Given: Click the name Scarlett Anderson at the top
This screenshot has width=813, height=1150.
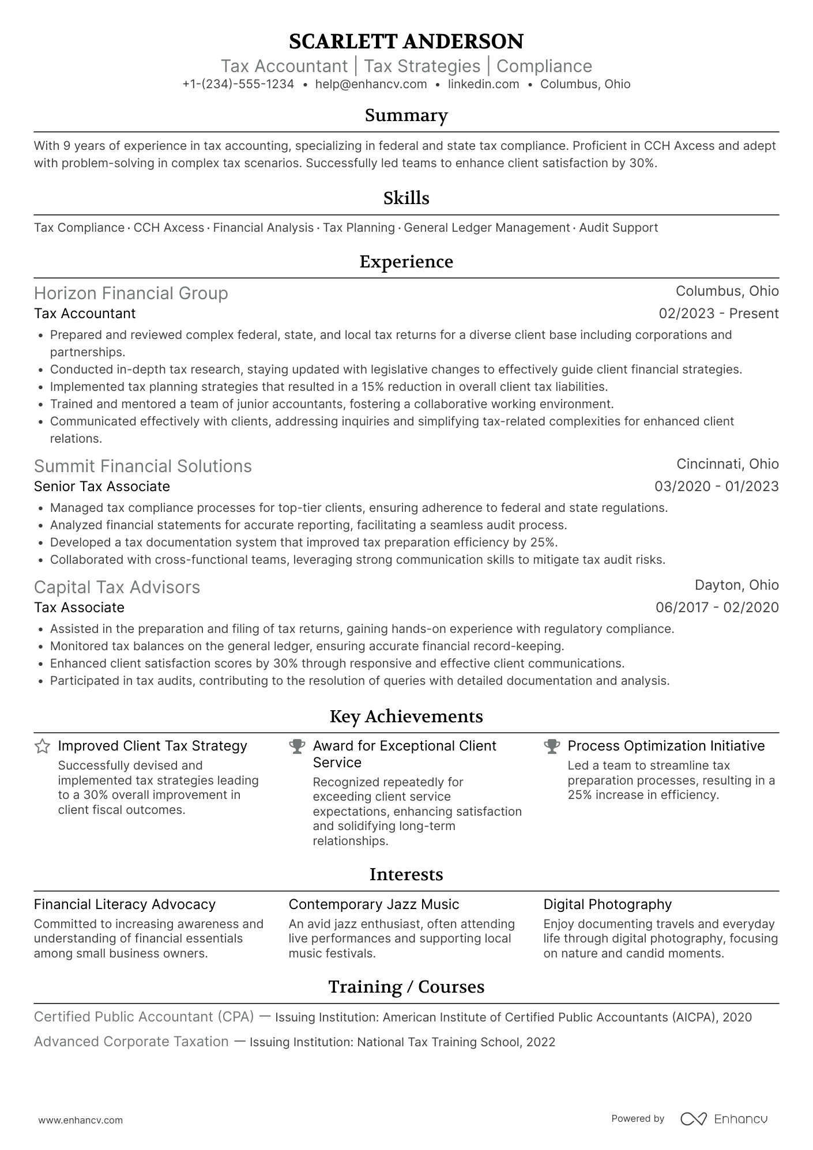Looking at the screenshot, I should click(406, 42).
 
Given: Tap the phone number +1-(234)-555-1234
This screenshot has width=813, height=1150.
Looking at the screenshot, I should click(238, 84).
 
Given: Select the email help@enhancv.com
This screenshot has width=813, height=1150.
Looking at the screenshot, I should click(371, 84).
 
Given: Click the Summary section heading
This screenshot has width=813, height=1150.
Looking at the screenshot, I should click(406, 115).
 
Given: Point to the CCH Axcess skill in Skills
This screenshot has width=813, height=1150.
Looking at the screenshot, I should click(168, 228).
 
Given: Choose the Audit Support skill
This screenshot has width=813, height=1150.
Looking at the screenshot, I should click(618, 228).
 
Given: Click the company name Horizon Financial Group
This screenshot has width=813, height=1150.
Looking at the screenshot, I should click(131, 293).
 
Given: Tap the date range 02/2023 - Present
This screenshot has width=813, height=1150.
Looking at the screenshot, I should click(718, 314).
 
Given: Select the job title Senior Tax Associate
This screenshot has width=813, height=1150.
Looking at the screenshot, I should click(102, 487).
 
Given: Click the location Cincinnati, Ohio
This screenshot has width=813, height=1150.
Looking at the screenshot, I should click(727, 464).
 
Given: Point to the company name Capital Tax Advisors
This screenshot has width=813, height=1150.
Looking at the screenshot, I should click(117, 587).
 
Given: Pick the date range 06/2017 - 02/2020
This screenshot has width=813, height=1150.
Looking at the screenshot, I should click(717, 608).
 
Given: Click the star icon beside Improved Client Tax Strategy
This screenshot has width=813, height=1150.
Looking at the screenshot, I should click(42, 746).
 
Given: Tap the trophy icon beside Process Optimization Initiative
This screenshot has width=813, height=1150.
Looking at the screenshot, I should click(552, 746).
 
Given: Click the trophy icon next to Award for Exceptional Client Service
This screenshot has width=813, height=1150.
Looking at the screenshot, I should click(297, 746).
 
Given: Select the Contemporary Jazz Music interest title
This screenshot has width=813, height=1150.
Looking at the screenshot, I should click(374, 904).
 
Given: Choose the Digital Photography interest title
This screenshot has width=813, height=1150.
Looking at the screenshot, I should click(607, 904).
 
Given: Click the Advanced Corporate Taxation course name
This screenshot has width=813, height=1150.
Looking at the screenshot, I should click(131, 1042).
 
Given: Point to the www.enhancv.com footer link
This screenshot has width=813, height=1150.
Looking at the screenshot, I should click(81, 1121).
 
